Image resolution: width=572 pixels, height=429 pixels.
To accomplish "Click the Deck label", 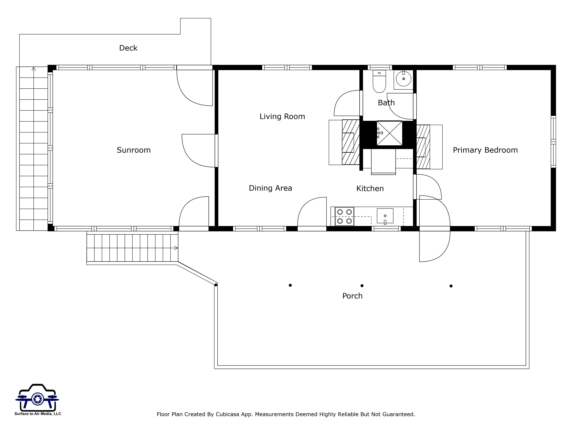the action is (x=128, y=48).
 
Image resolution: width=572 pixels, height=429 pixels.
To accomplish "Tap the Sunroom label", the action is (x=134, y=150).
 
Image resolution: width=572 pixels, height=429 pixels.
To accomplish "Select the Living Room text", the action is (x=282, y=117).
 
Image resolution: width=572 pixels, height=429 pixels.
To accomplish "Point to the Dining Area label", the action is (x=271, y=188).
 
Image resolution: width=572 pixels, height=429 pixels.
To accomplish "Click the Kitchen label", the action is (x=370, y=188).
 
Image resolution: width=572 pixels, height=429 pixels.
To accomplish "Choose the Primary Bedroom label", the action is (x=485, y=150).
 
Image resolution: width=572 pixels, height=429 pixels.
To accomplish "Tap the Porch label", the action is (x=352, y=296).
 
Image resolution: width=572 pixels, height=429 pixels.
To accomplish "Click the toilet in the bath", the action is (x=379, y=81).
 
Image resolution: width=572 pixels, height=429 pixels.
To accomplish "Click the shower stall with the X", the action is (x=390, y=133).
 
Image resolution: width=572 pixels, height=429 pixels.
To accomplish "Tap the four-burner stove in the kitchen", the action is (x=344, y=216).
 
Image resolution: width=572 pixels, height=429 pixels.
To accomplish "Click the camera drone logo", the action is (x=37, y=398).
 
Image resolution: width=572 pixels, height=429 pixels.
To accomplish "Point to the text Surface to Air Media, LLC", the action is (x=38, y=414).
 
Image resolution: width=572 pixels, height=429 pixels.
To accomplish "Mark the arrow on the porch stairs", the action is (x=176, y=248).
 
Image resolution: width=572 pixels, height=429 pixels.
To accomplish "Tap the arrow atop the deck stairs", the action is (x=34, y=69).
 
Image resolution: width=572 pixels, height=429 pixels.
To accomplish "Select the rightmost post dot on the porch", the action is (x=451, y=286).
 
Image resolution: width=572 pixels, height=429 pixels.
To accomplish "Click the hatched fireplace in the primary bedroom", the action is (x=423, y=147).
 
